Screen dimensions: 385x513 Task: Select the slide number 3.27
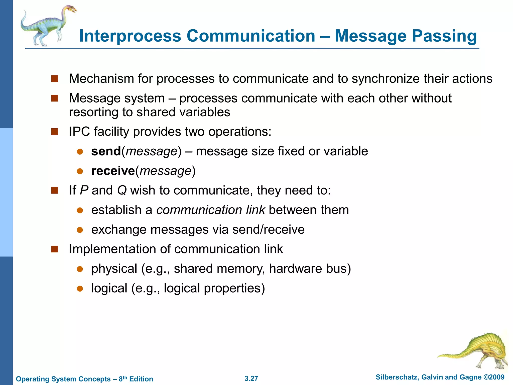click(251, 378)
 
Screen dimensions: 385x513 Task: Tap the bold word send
click(106, 151)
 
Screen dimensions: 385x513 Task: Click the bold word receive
click(113, 171)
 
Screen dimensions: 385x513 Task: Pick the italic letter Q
click(122, 190)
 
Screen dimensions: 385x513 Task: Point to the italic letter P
click(84, 190)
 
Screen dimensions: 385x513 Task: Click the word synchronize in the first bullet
click(386, 79)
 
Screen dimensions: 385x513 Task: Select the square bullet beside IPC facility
click(55, 132)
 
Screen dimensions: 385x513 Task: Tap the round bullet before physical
click(80, 269)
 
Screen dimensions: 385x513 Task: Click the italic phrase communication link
click(210, 210)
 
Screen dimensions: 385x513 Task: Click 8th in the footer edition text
click(123, 378)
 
